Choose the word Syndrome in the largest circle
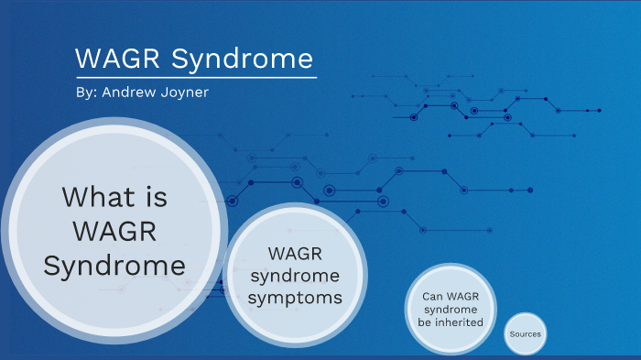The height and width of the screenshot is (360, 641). (114, 266)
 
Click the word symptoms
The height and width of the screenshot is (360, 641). (294, 298)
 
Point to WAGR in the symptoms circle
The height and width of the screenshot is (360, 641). (295, 252)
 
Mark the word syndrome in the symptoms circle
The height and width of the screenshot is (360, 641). (295, 275)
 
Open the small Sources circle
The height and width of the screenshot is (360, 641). (525, 334)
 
